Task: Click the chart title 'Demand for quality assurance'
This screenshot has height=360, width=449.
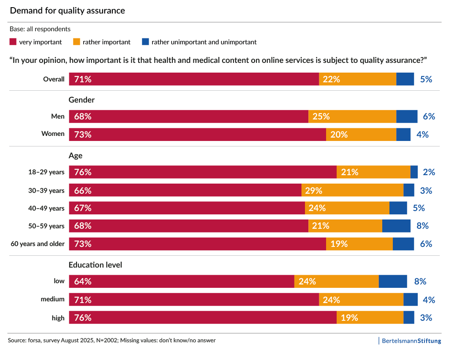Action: click(67, 11)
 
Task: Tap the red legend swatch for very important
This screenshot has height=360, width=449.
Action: click(13, 42)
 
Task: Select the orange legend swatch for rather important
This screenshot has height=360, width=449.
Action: click(76, 42)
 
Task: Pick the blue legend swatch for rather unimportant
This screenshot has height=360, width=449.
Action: click(145, 42)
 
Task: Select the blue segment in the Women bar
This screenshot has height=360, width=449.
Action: click(403, 135)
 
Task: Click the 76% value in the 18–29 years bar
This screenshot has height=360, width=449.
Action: click(83, 172)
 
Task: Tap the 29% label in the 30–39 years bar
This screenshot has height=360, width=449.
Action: click(313, 190)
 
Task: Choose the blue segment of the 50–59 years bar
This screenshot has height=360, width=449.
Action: click(396, 226)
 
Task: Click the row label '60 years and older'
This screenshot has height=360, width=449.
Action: click(38, 244)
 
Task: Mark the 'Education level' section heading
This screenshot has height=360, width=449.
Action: click(95, 265)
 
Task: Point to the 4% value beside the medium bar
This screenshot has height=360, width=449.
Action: click(429, 300)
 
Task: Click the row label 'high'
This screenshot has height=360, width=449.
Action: click(58, 318)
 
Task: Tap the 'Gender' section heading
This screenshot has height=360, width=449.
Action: click(82, 100)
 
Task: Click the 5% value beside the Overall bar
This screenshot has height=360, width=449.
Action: click(426, 79)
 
